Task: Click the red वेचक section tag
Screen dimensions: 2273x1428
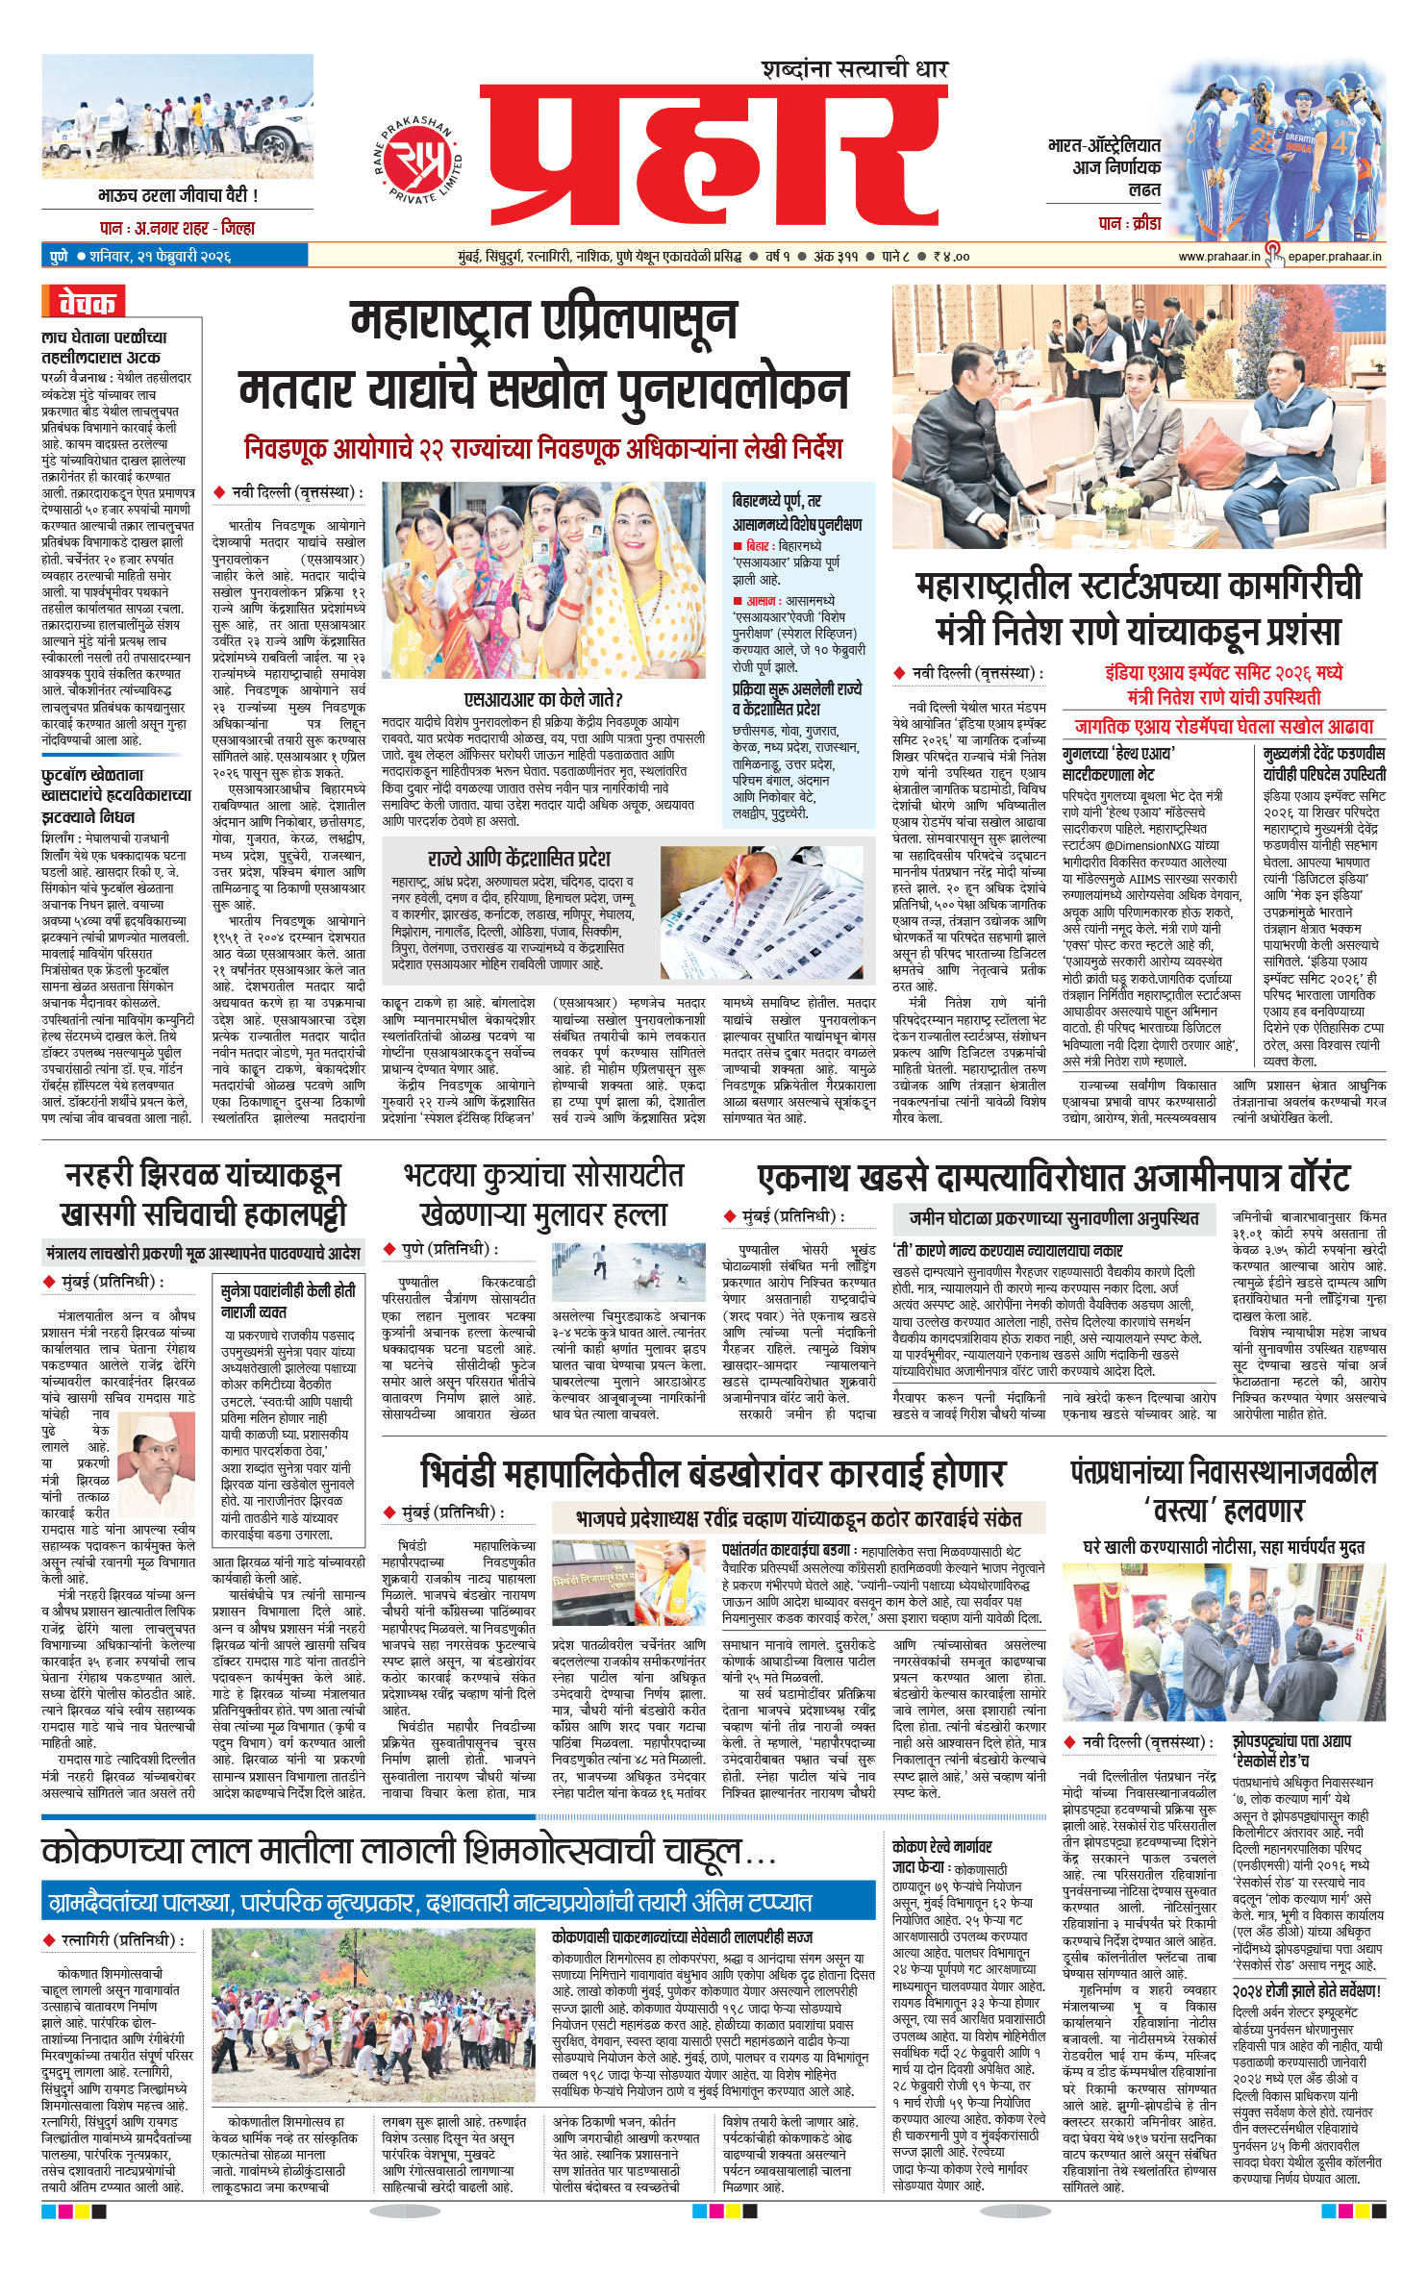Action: pos(85,303)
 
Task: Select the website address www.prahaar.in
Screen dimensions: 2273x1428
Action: pos(1218,257)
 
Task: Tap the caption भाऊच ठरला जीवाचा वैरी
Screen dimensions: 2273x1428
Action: pos(177,195)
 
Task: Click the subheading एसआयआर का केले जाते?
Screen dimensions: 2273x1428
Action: pos(543,699)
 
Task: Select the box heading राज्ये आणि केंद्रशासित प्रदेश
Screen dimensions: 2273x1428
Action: pos(518,858)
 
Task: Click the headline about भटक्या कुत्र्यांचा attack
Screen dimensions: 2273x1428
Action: pos(543,1193)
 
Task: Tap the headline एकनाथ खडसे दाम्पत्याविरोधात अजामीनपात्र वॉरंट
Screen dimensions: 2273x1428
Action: pos(1053,1177)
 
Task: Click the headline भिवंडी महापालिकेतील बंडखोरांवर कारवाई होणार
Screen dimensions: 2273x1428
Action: pos(712,1473)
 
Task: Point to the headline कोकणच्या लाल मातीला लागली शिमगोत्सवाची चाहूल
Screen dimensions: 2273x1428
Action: pos(409,1850)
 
